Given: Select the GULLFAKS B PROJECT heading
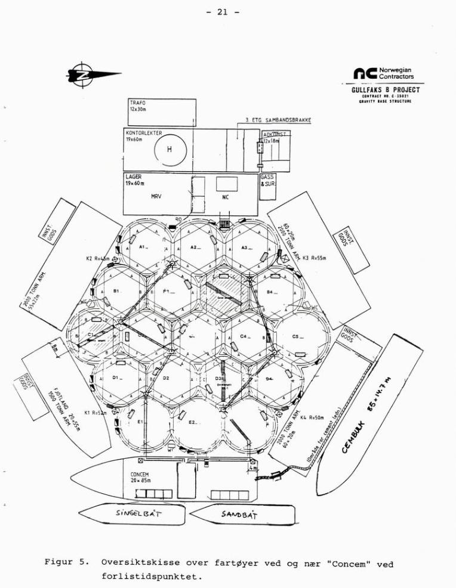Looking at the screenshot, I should [x=386, y=90].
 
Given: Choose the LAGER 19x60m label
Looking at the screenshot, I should [x=137, y=180].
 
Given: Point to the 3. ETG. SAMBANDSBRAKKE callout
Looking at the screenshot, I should [x=278, y=120].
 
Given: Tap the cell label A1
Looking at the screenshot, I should [x=143, y=246].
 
